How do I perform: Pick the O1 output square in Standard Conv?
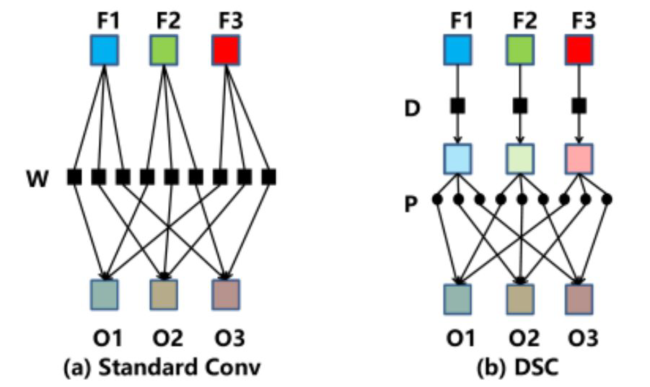(105, 294)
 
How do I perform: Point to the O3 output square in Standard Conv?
(226, 294)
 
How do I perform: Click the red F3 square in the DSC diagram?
(579, 50)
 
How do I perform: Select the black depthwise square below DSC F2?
(518, 107)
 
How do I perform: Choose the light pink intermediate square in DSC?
(579, 158)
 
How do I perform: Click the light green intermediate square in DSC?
(518, 158)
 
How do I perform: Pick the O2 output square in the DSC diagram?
(518, 298)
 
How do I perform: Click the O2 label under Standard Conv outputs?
(165, 337)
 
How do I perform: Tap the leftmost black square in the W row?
(74, 176)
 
